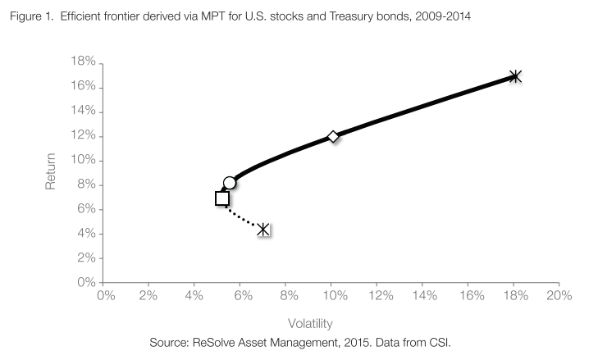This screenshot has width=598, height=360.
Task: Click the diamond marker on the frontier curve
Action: [333, 136]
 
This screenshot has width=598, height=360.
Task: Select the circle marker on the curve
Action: [230, 182]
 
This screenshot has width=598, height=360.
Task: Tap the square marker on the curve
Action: [221, 198]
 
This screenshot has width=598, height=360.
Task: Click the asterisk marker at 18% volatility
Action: [515, 76]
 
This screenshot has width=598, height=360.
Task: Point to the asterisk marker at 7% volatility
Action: [263, 230]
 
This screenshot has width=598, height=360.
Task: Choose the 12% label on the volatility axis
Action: [377, 295]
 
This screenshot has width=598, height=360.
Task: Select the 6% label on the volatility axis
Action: [241, 295]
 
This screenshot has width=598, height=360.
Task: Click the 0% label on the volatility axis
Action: [105, 295]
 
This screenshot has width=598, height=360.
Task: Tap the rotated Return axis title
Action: [50, 172]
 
